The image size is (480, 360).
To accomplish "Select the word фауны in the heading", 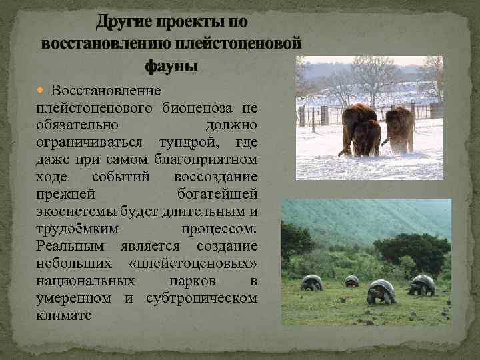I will click(x=171, y=66).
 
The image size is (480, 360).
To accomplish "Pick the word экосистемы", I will click(x=74, y=211).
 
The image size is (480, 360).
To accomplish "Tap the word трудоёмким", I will click(x=79, y=229).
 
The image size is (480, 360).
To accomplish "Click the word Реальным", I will click(x=69, y=246).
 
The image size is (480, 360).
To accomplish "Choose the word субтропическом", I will click(x=201, y=298).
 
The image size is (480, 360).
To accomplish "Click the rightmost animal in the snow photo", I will click(x=400, y=127).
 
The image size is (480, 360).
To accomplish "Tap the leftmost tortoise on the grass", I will click(x=311, y=283).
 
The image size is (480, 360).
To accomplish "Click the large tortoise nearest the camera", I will click(x=381, y=291).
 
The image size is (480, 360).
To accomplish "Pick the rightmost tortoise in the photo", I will click(x=421, y=285).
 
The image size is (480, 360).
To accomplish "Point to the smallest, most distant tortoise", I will click(x=351, y=281).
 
